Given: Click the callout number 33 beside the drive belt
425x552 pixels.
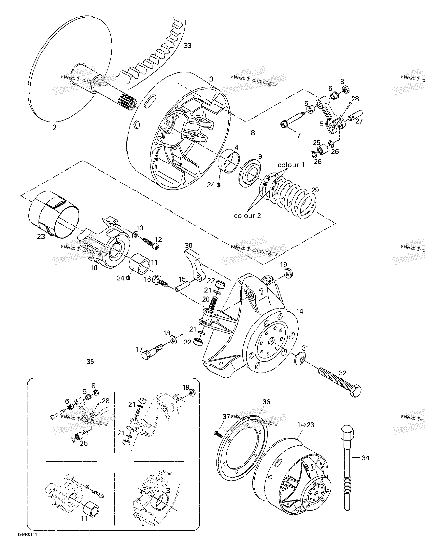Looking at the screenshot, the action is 187,46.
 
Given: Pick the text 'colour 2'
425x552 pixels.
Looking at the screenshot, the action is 247,216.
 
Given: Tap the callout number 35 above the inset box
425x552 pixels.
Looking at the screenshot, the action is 90,362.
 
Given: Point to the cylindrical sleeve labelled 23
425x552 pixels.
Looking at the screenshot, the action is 54,214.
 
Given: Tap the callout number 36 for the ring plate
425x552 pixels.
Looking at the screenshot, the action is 266,402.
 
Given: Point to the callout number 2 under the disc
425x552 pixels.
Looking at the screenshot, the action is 55,128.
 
